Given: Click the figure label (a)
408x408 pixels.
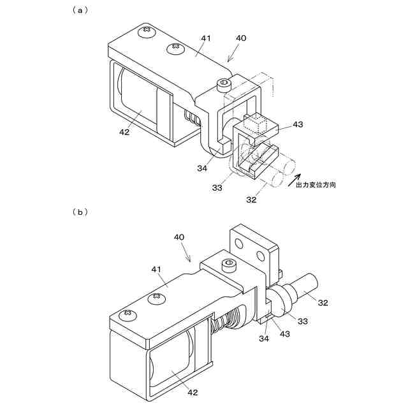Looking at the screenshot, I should (x=79, y=10).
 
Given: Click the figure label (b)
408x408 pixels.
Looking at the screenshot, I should (x=79, y=212).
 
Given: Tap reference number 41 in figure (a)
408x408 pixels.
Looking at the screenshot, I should (x=205, y=39).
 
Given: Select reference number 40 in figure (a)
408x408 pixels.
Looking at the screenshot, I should (x=240, y=39).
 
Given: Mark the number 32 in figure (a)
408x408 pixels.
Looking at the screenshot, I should (x=251, y=199).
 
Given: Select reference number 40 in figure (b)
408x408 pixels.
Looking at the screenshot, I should (x=180, y=237).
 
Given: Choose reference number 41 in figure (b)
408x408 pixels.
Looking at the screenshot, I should (x=157, y=270).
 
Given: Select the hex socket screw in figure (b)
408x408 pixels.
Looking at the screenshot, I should (x=225, y=264).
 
